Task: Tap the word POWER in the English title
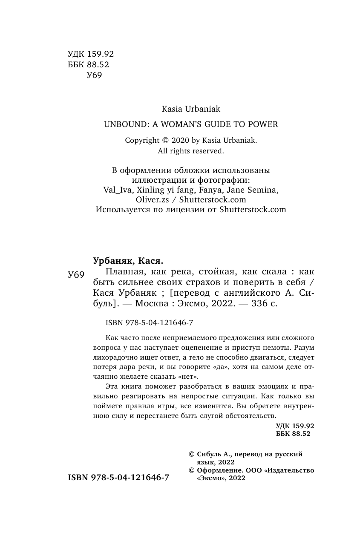(263, 125)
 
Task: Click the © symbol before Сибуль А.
(191, 455)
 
